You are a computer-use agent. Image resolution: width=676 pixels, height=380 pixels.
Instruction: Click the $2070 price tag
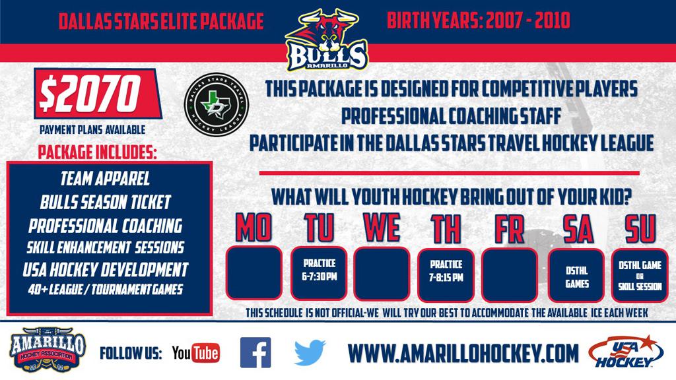click(98, 94)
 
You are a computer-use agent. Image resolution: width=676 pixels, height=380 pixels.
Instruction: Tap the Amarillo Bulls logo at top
click(326, 40)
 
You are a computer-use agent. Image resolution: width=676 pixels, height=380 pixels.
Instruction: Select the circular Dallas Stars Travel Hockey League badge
click(217, 105)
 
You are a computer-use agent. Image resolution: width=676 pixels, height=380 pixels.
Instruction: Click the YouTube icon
click(195, 354)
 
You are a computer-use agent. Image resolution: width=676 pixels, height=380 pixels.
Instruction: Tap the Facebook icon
click(255, 352)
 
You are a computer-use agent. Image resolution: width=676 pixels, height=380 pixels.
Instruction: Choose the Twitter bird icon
click(310, 352)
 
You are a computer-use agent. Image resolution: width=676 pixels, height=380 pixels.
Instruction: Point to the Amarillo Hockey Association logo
click(48, 350)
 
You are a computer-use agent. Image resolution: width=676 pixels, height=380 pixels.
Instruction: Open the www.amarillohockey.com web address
click(463, 354)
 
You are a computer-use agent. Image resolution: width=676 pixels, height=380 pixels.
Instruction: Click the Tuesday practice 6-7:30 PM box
click(319, 273)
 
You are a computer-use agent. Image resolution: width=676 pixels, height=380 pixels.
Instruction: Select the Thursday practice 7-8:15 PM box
click(446, 275)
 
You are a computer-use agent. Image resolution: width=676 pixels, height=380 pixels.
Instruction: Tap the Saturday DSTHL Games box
click(576, 275)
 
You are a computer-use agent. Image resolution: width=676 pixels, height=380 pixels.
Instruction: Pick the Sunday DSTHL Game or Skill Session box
click(640, 275)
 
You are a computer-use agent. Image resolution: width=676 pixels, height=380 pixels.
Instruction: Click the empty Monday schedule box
click(254, 272)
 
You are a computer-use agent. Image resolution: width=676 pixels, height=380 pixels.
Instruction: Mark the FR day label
click(509, 229)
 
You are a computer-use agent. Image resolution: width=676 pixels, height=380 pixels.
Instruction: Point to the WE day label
click(382, 228)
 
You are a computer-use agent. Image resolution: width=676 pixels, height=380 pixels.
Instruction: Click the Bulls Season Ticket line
click(106, 202)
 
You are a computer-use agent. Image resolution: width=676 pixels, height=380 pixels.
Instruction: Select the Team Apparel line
click(105, 178)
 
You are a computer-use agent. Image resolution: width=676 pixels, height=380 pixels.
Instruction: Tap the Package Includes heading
click(98, 152)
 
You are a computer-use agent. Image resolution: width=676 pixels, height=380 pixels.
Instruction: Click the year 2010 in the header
click(553, 20)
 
